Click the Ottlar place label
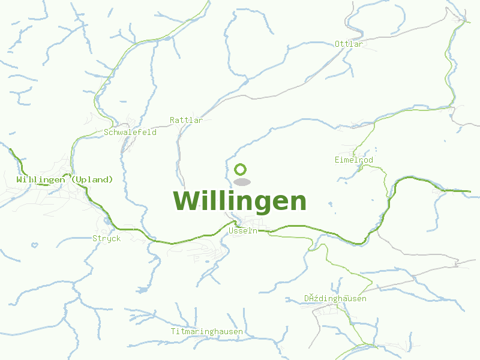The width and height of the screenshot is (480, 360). [x=349, y=44]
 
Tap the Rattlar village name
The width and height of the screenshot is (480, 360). [x=186, y=120]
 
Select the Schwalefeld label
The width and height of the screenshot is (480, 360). [x=130, y=132]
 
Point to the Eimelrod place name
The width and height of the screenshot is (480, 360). [x=354, y=160]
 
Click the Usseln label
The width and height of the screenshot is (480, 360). [x=242, y=230]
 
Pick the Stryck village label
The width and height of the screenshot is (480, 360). [x=106, y=238]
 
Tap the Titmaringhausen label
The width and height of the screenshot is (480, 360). [x=206, y=331]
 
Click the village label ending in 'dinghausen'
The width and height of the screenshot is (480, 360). [x=335, y=298]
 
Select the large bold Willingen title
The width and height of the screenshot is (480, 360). [x=239, y=200]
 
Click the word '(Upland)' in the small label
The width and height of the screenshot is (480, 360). [x=92, y=179]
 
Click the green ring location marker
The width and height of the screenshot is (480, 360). [x=241, y=169]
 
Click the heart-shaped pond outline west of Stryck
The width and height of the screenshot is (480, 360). [x=35, y=245]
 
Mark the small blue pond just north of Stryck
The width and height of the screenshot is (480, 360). [x=106, y=220]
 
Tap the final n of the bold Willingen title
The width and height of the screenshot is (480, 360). [x=297, y=202]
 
